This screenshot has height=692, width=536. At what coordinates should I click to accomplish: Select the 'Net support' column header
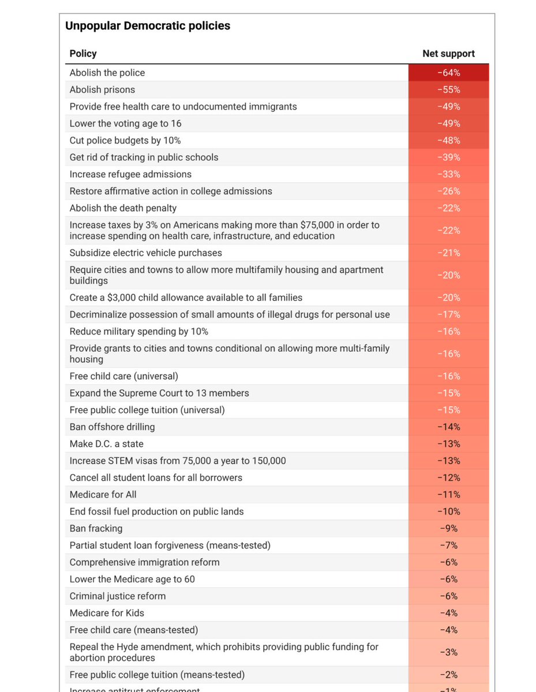point(448,54)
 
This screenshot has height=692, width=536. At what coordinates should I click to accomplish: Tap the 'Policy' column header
point(83,54)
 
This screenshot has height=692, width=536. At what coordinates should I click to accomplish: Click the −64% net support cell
point(448,73)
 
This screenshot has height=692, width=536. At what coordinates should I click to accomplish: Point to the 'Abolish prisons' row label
point(102,89)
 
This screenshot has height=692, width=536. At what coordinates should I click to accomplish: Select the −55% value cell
point(448,89)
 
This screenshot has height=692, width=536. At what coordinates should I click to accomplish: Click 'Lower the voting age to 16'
point(125,123)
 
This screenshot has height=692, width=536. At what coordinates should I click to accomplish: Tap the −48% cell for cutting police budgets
point(448,140)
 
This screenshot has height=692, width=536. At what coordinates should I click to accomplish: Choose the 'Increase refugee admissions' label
point(130,174)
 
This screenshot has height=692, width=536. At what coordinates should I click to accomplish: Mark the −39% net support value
point(448,157)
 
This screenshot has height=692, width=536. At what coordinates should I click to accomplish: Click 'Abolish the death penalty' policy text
point(123,208)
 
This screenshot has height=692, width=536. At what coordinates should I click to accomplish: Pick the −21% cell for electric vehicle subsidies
point(448,253)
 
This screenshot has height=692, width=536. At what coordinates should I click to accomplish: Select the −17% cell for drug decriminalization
point(448,314)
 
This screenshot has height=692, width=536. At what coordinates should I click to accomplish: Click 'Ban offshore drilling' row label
point(112,427)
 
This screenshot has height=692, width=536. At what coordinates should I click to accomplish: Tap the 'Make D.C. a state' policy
point(106,443)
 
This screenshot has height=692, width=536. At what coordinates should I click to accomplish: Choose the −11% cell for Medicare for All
point(448,494)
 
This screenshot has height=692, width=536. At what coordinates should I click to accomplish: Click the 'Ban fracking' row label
point(96,528)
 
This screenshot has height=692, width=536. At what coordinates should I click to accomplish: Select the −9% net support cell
point(448,528)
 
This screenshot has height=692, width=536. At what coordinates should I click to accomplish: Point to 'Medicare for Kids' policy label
point(107,612)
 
